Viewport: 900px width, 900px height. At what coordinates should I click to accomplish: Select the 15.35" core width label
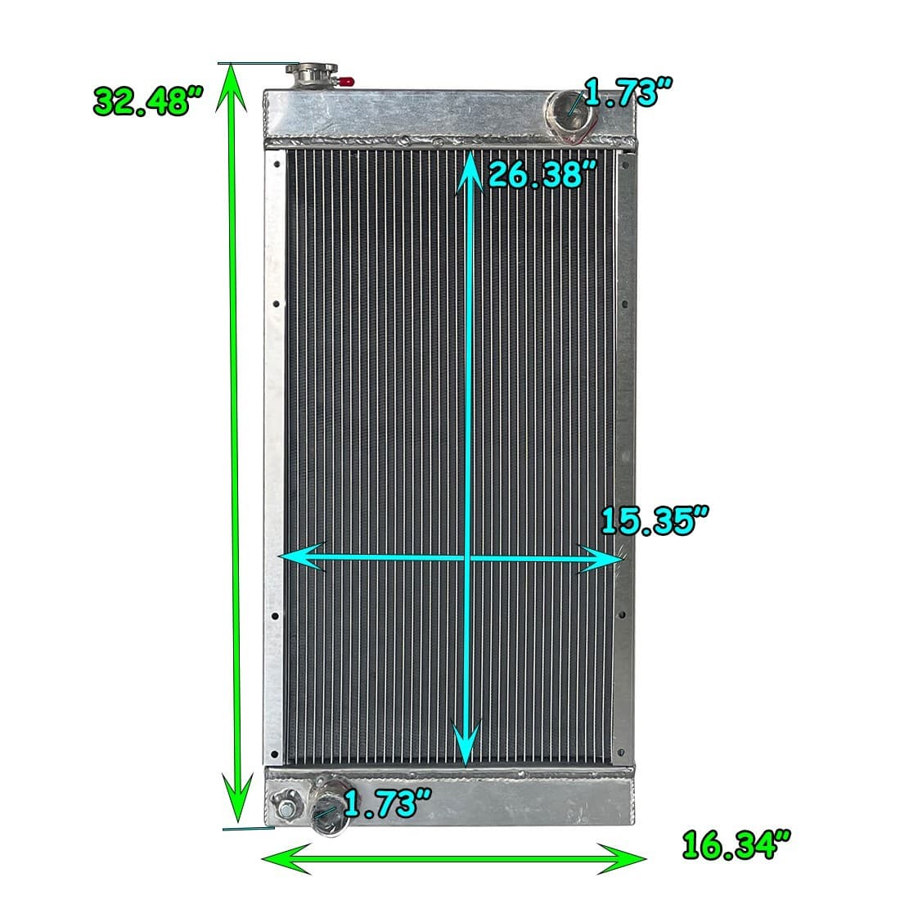tap(654, 521)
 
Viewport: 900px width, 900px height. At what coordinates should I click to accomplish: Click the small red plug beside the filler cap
tap(347, 81)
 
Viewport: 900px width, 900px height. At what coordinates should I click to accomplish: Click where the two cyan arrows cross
tap(466, 557)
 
